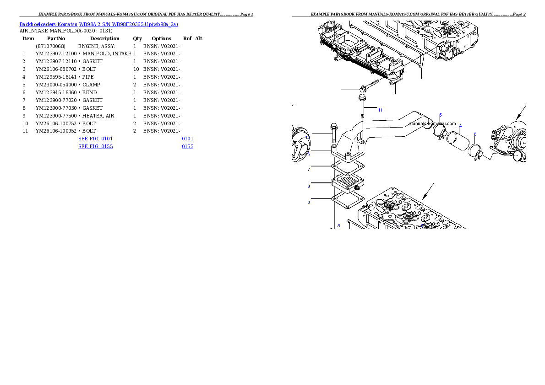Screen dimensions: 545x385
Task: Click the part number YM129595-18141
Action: coord(56,77)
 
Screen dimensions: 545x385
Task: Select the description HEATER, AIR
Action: coord(98,116)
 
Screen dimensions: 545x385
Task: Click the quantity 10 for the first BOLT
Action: coord(136,69)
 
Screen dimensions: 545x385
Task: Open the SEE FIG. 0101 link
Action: coord(96,139)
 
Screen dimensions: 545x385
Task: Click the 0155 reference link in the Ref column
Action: coord(188,146)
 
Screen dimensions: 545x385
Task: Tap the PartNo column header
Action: coord(56,38)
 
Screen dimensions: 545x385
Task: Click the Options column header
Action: coord(162,38)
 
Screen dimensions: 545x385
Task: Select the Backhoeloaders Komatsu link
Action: coord(48,24)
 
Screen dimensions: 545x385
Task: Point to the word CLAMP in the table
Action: coord(91,85)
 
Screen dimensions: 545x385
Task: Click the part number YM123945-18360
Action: coord(56,93)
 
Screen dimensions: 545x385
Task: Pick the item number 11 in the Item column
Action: coord(25,131)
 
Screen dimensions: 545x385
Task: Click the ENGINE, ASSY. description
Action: coord(97,46)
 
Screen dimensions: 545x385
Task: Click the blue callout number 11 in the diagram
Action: coord(380,110)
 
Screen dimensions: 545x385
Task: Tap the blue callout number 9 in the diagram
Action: coord(309,187)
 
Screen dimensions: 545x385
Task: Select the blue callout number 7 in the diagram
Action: coord(309,170)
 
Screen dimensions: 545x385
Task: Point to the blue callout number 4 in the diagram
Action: coord(461,126)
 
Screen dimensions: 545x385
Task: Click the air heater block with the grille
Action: coord(348,183)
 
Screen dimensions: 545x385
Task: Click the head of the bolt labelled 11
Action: coord(362,97)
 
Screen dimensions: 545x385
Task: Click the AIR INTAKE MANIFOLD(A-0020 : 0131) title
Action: coord(66,31)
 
